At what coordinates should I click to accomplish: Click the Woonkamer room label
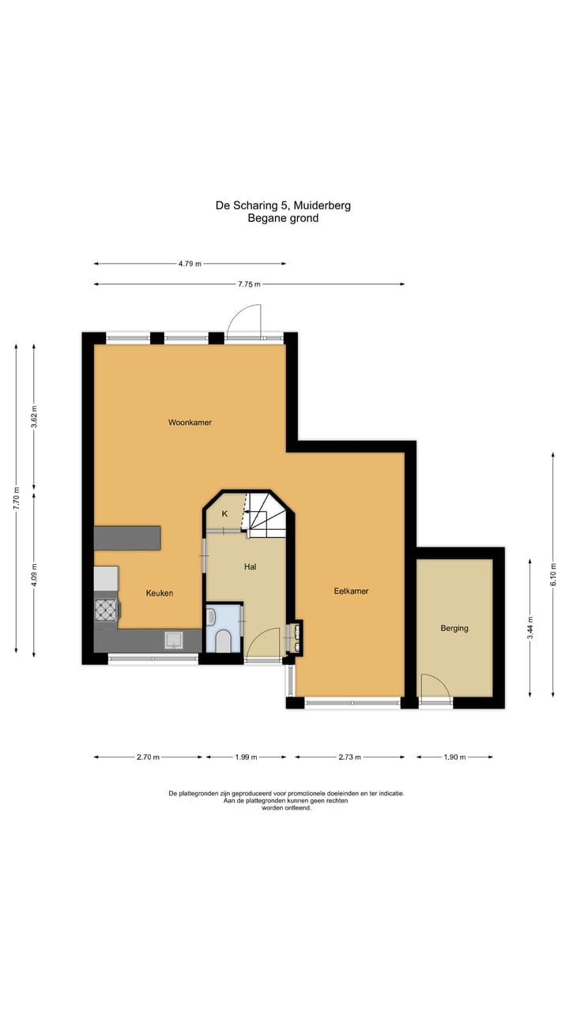pos(190,423)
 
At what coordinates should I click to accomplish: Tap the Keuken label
pos(159,593)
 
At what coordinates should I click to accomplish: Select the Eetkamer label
pos(351,591)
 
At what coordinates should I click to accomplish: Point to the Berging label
pos(454,629)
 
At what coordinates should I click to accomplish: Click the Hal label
pos(250,566)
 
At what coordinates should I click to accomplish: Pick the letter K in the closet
pos(224,514)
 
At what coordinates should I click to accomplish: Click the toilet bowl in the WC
pos(224,641)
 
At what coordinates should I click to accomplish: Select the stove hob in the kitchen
pos(106,609)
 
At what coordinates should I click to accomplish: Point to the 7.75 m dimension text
pos(248,284)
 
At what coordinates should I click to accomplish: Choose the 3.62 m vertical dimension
pos(34,415)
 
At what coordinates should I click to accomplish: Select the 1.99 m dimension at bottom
pos(246,757)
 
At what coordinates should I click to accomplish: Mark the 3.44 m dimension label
pos(530,627)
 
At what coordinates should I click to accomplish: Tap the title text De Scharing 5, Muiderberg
pos(283,205)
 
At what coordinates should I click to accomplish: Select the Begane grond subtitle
pos(283,218)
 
